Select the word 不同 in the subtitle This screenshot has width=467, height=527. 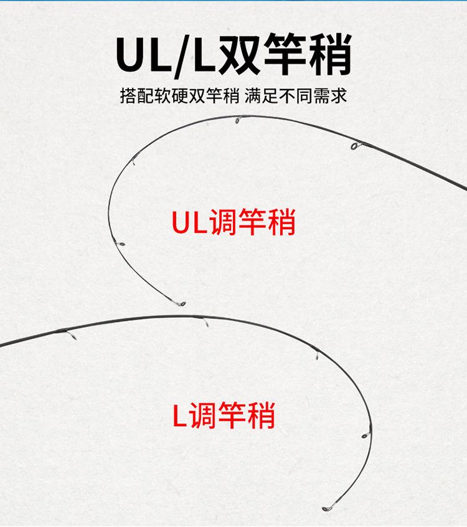[289, 97]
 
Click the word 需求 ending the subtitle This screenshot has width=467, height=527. [331, 97]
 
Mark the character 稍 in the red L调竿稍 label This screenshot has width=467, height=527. [260, 415]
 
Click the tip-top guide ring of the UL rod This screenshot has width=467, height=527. [181, 304]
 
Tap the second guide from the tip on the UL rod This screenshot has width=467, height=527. [120, 245]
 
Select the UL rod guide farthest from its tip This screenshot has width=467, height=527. [356, 147]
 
